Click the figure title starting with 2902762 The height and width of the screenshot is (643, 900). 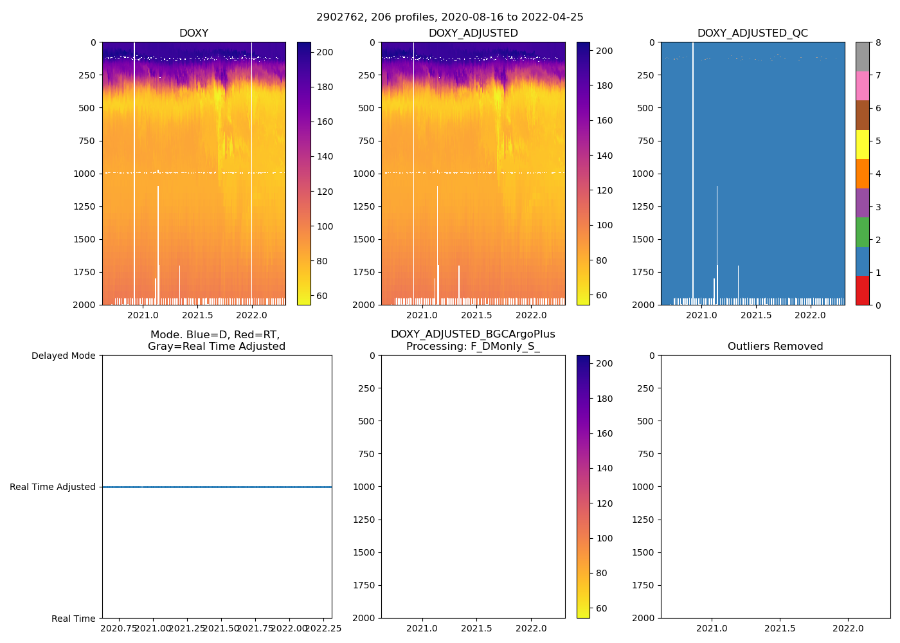click(x=449, y=17)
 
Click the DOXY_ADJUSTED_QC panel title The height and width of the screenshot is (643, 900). click(x=752, y=33)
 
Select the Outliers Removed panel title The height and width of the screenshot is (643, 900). click(x=775, y=347)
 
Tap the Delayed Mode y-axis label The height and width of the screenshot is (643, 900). click(x=63, y=356)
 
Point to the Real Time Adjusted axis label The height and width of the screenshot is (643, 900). click(x=53, y=487)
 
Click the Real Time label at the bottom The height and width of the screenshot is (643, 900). click(x=73, y=619)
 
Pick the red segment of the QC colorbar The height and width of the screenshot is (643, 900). click(x=862, y=290)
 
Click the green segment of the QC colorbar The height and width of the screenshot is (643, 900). click(x=862, y=231)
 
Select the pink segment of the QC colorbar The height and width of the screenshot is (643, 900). click(x=862, y=86)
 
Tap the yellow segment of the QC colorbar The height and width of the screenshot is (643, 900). click(x=862, y=144)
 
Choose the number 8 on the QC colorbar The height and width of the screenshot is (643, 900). click(x=878, y=43)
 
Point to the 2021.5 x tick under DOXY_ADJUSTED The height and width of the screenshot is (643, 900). click(x=476, y=316)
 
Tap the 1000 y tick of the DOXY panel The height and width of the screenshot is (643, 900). click(x=86, y=174)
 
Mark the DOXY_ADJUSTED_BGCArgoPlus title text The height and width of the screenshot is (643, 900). click(x=473, y=334)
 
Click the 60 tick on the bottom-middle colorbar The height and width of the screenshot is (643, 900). click(x=604, y=608)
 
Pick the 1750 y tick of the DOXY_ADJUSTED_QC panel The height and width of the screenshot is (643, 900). click(x=643, y=272)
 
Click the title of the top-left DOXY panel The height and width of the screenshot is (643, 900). click(x=194, y=33)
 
